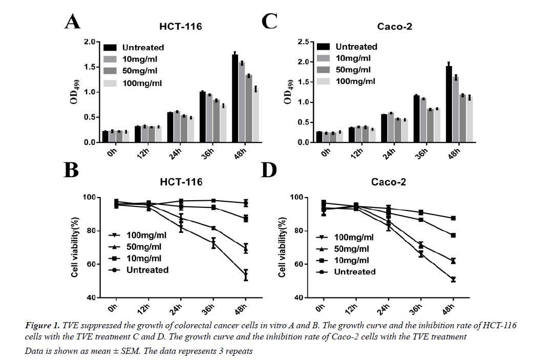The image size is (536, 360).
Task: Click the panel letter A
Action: click(72, 23)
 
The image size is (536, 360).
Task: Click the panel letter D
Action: click(269, 170)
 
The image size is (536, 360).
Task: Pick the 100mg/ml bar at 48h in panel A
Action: click(255, 115)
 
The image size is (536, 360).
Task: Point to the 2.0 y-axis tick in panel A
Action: click(90, 42)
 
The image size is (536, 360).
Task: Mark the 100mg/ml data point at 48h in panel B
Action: click(246, 276)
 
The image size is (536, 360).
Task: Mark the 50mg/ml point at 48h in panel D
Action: click(453, 261)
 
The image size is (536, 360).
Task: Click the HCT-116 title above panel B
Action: click(180, 182)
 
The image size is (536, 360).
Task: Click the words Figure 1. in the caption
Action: click(42, 326)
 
